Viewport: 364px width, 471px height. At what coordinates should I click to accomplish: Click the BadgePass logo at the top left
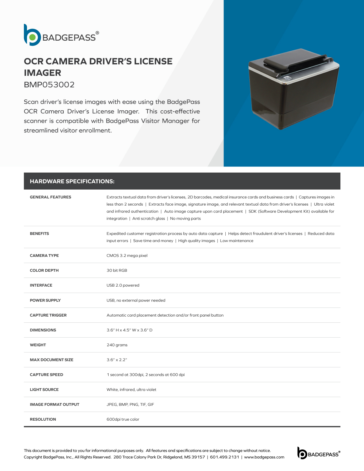point(61,35)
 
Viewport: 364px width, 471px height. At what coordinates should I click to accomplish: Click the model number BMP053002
point(49,85)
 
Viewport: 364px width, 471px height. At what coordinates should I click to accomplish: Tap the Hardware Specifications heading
point(72,181)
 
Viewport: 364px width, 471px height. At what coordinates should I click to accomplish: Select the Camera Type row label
point(44,256)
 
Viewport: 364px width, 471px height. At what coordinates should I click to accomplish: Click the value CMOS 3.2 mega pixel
point(127,256)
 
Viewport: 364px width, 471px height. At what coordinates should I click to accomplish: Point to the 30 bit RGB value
point(117,271)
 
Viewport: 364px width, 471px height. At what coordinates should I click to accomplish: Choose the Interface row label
point(41,285)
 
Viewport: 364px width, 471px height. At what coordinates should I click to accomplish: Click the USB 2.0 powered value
point(123,285)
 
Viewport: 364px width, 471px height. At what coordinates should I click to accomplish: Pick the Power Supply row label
point(45,301)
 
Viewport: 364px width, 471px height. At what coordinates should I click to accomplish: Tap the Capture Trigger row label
point(48,315)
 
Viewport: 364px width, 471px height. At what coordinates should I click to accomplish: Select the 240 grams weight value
point(117,345)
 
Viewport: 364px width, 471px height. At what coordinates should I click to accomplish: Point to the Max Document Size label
point(52,360)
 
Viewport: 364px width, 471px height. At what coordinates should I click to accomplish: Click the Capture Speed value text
point(146,375)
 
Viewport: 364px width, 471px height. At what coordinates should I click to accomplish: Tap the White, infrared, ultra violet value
point(131,390)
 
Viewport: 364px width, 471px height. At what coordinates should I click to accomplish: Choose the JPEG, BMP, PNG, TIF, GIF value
point(130,405)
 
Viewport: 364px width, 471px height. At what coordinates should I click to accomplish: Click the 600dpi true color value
point(123,419)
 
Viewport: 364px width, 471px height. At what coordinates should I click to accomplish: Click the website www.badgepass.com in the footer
point(264,457)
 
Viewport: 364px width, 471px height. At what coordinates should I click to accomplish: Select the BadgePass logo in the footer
point(318,453)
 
